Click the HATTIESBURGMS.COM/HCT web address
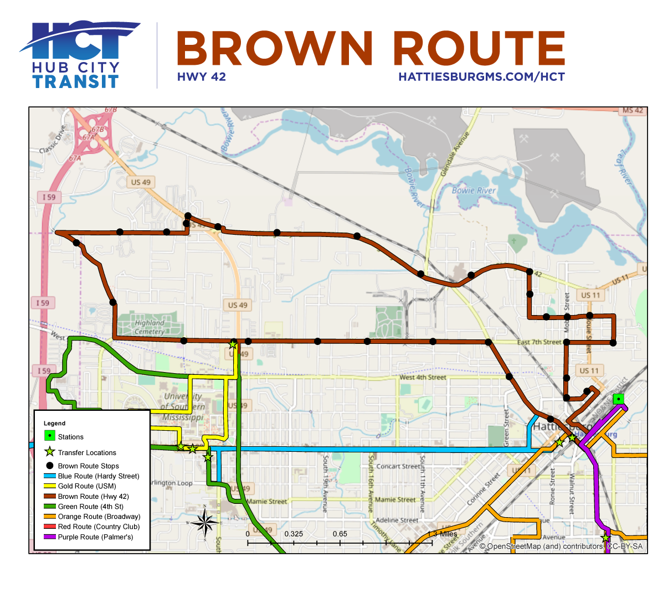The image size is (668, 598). pos(481,77)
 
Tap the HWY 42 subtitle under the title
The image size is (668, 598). pos(202,77)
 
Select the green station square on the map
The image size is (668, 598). pos(618,399)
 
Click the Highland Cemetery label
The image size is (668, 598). pos(150,327)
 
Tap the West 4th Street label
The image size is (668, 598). pos(423,378)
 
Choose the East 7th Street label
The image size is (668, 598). pos(539,342)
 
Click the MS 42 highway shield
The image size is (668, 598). pos(633,110)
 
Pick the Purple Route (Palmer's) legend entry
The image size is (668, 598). pos(95,537)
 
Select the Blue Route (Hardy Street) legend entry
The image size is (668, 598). pos(99,476)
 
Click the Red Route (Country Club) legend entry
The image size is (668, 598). pos(99,527)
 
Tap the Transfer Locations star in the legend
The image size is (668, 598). pos(50,452)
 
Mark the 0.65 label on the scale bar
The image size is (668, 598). pos(340,534)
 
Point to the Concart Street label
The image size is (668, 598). pos(398,466)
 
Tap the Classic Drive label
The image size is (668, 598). pos(53,140)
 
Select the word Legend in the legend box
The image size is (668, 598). pos(54,423)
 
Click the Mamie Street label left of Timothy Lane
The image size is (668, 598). pos(267,502)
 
